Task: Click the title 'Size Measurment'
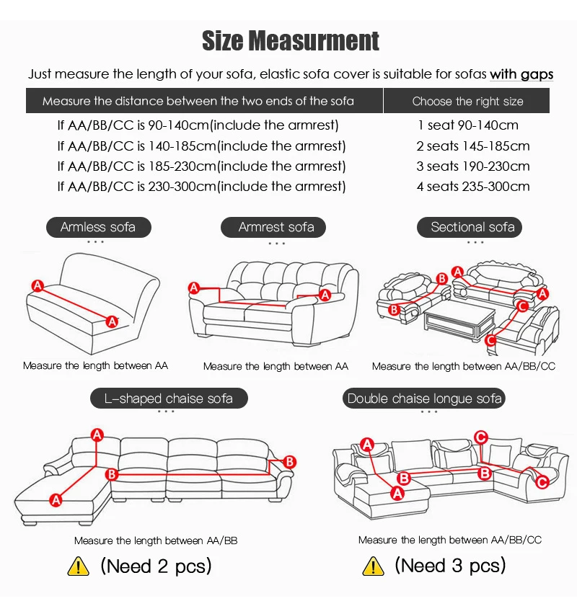pyautogui.click(x=290, y=40)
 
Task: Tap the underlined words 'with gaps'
pyautogui.click(x=521, y=74)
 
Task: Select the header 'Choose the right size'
pyautogui.click(x=467, y=101)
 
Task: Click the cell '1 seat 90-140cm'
pyautogui.click(x=468, y=125)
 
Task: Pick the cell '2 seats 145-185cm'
pyautogui.click(x=473, y=146)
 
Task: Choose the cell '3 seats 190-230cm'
pyautogui.click(x=473, y=166)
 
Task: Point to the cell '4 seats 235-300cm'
pyautogui.click(x=473, y=187)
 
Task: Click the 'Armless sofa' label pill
pyautogui.click(x=98, y=227)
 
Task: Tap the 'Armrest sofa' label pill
pyautogui.click(x=276, y=227)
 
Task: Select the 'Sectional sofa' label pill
pyautogui.click(x=472, y=227)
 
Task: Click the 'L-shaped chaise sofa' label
pyautogui.click(x=168, y=399)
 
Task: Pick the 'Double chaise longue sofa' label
pyautogui.click(x=425, y=399)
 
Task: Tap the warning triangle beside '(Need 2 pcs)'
pyautogui.click(x=78, y=566)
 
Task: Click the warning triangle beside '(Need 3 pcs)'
pyautogui.click(x=373, y=566)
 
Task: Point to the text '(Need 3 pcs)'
pyautogui.click(x=450, y=566)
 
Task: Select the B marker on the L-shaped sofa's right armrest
pyautogui.click(x=289, y=461)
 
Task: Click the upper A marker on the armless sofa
pyautogui.click(x=38, y=285)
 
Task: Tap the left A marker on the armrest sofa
pyautogui.click(x=193, y=288)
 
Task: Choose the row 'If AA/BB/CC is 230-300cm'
pyautogui.click(x=201, y=187)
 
